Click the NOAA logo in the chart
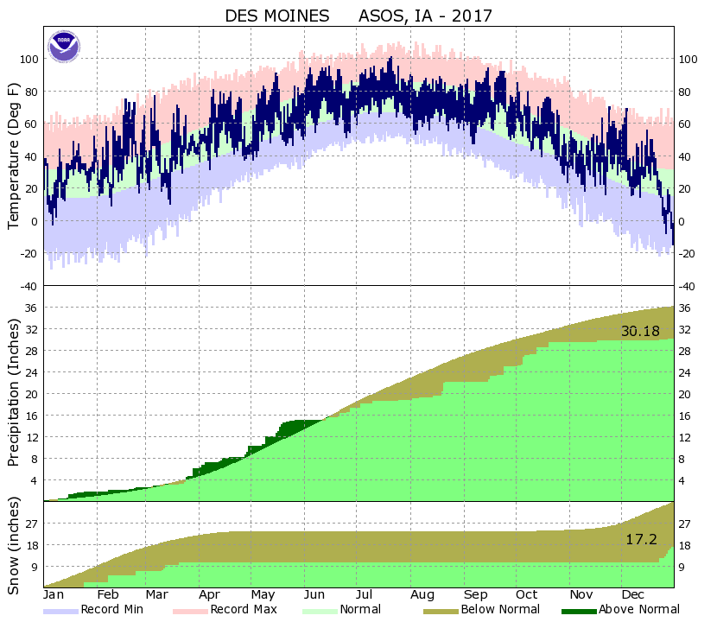(x=64, y=46)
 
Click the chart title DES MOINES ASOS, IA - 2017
(x=358, y=16)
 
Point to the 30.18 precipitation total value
(x=639, y=332)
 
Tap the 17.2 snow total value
(x=641, y=539)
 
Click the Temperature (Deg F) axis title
(x=13, y=156)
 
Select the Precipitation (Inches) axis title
(x=13, y=393)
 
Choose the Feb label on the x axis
(x=107, y=595)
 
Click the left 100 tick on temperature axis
(x=30, y=60)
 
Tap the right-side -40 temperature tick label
(x=688, y=286)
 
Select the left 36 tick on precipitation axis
(x=33, y=308)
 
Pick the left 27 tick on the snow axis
(x=33, y=524)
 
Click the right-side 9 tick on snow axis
(x=683, y=568)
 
